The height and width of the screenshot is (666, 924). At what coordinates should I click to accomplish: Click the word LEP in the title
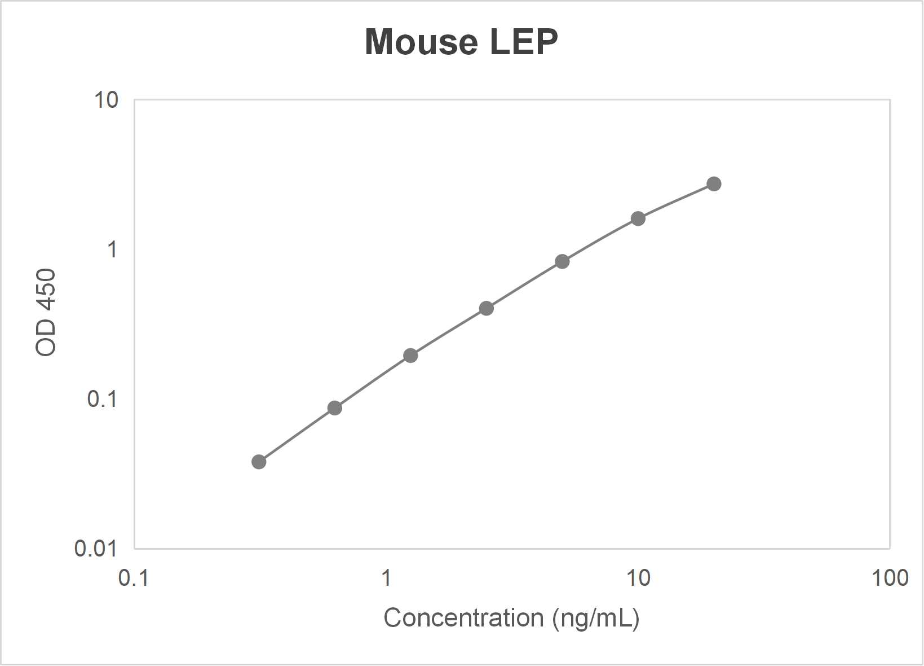point(524,42)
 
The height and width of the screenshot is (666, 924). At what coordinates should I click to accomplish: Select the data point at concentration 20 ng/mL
point(714,184)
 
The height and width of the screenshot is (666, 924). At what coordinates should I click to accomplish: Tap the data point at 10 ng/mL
point(638,218)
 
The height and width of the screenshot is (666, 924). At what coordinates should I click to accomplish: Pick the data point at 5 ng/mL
point(562,261)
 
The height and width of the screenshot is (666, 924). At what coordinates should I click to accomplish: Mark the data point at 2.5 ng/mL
point(486,308)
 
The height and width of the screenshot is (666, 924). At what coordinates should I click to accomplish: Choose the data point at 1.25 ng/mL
point(410,356)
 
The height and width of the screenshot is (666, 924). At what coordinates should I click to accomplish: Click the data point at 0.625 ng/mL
point(334,408)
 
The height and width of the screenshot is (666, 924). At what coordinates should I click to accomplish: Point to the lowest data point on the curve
point(259,462)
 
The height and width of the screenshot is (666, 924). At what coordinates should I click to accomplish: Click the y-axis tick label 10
point(107,100)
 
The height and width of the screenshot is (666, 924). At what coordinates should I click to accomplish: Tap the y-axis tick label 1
point(113,249)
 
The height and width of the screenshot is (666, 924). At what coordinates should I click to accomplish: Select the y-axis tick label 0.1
point(102,399)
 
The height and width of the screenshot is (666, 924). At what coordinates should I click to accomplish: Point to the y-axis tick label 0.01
point(96,548)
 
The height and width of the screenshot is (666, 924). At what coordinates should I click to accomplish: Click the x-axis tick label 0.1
point(134,578)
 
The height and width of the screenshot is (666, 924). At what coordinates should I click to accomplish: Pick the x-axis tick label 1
point(386,578)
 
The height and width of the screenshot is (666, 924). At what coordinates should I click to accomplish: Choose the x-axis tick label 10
point(638,578)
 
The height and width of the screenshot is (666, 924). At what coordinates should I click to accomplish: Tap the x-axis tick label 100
point(889,578)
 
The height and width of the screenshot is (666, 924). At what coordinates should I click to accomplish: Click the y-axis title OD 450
point(46,312)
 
